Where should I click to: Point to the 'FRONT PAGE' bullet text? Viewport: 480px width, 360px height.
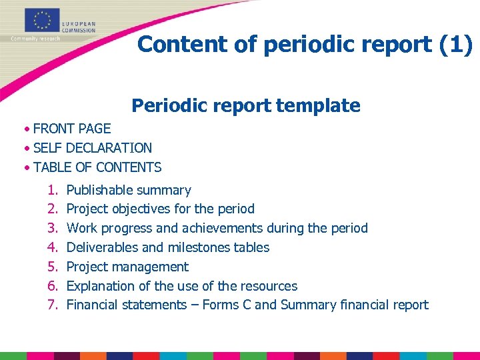[72, 129]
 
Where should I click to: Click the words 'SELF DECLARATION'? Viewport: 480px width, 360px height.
[93, 148]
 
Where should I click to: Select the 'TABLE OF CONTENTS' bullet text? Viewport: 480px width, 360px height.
[97, 167]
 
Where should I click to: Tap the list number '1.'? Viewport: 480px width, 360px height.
[52, 190]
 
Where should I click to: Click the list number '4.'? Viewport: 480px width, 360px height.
[52, 247]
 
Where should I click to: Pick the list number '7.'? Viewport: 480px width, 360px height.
[52, 305]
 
